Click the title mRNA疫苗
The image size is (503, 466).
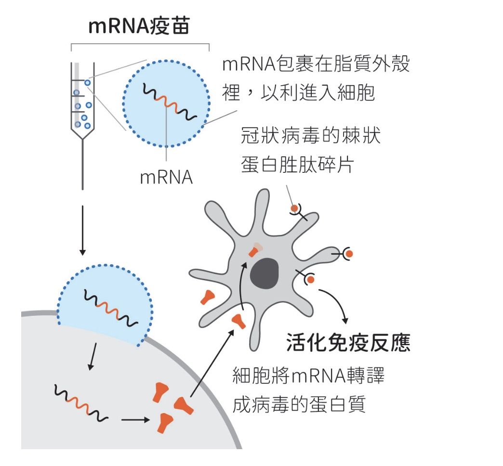pyautogui.click(x=139, y=26)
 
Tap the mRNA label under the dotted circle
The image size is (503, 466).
pyautogui.click(x=166, y=177)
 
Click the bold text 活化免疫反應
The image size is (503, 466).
pyautogui.click(x=348, y=343)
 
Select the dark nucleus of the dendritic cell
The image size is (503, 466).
pyautogui.click(x=265, y=273)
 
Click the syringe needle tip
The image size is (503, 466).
pyautogui.click(x=83, y=189)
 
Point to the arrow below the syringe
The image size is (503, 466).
pyautogui.click(x=83, y=231)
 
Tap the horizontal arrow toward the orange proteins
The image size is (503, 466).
pyautogui.click(x=135, y=419)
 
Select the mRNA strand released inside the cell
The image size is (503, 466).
pyautogui.click(x=81, y=402)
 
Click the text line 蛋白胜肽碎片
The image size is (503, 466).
pyautogui.click(x=297, y=165)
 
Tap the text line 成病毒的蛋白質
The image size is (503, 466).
pyautogui.click(x=299, y=404)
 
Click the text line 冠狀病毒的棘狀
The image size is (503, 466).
pyautogui.click(x=311, y=136)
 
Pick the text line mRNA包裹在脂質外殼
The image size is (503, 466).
pyautogui.click(x=316, y=64)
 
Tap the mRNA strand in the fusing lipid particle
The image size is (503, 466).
pyautogui.click(x=111, y=308)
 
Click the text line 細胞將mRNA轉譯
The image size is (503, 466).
pyautogui.click(x=308, y=375)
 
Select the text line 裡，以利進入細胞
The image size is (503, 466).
pyautogui.click(x=298, y=93)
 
